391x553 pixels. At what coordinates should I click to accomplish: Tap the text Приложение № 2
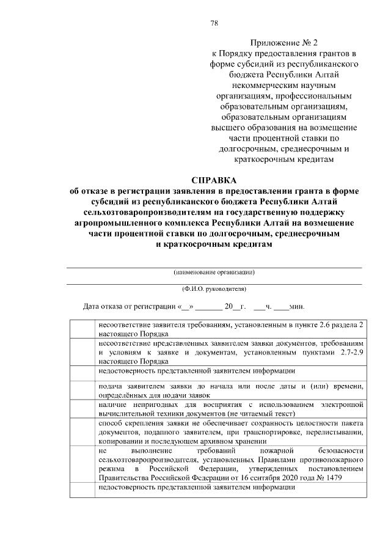(x=282, y=43)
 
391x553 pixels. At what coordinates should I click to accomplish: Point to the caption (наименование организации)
(x=214, y=272)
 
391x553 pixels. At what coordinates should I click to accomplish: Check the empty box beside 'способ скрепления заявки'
(x=82, y=432)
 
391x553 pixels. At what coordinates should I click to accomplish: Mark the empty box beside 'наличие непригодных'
(x=82, y=409)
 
